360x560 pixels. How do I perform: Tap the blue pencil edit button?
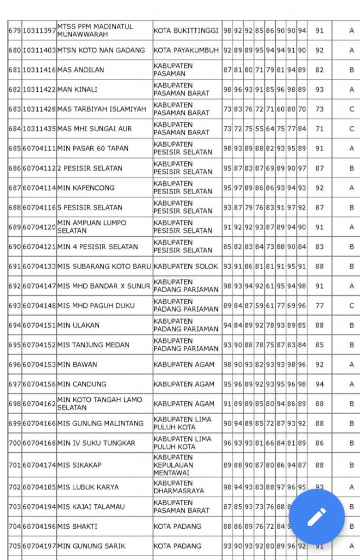click(x=317, y=516)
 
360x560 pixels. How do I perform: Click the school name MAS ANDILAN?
click(x=80, y=70)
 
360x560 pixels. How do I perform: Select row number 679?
click(x=15, y=31)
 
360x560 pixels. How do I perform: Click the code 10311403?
click(x=39, y=50)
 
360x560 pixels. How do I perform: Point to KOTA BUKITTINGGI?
click(x=186, y=31)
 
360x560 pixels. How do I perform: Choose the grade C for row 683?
click(x=352, y=109)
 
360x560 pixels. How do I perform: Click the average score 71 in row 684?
click(x=320, y=129)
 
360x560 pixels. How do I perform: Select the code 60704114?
click(x=39, y=188)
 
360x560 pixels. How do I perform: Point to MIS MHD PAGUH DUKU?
click(x=96, y=306)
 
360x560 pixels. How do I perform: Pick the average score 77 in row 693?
click(x=320, y=306)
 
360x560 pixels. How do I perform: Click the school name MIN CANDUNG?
click(x=82, y=384)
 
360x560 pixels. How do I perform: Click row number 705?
click(x=15, y=546)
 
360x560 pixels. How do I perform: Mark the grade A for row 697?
click(x=352, y=384)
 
